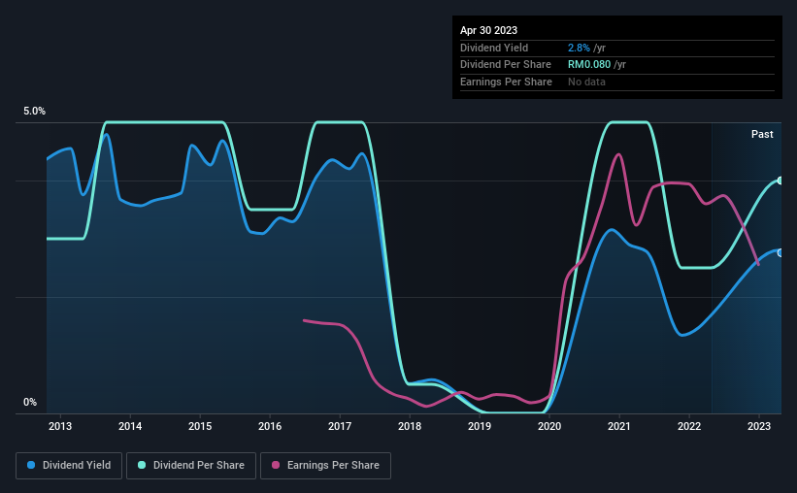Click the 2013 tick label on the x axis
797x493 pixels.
[60, 426]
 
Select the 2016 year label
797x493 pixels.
[270, 426]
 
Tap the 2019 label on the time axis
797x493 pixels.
[480, 426]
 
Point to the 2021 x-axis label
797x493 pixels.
[619, 426]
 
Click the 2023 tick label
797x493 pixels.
[759, 426]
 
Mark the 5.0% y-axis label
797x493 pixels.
[34, 111]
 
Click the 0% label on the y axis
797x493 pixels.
[30, 402]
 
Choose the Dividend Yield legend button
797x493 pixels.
[69, 466]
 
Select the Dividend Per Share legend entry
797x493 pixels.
[191, 466]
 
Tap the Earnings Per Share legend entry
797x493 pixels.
[325, 466]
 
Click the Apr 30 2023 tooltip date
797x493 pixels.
[488, 30]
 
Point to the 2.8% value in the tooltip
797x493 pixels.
[579, 48]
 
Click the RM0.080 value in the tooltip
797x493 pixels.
[589, 65]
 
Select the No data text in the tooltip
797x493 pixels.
[586, 82]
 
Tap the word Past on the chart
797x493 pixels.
[762, 134]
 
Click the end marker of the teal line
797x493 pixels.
[780, 181]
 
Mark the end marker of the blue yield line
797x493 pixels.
[780, 252]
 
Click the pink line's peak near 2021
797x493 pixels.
[618, 154]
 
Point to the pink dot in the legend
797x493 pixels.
[276, 465]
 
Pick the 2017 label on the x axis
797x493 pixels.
[340, 426]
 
